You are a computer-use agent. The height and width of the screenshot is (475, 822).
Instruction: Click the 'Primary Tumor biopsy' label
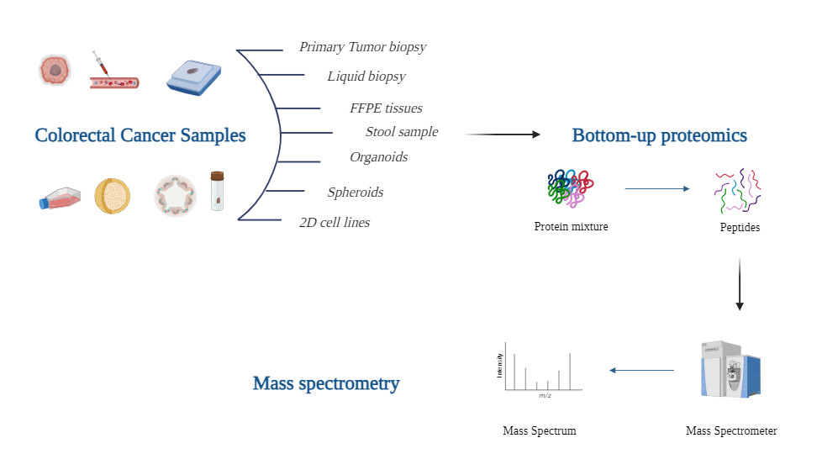pyautogui.click(x=362, y=47)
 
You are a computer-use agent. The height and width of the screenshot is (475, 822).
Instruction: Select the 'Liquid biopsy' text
pyautogui.click(x=366, y=77)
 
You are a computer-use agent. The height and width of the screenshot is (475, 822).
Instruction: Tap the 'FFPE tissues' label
pyautogui.click(x=386, y=108)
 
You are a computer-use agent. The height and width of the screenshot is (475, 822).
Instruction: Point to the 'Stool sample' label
pyautogui.click(x=402, y=132)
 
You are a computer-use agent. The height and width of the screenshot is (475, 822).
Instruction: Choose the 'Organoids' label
pyautogui.click(x=378, y=157)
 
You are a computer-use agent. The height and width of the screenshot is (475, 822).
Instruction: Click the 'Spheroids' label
pyautogui.click(x=355, y=193)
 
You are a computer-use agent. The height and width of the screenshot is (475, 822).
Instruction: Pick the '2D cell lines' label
pyautogui.click(x=334, y=223)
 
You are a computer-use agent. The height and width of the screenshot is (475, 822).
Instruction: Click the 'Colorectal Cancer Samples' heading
pyautogui.click(x=140, y=135)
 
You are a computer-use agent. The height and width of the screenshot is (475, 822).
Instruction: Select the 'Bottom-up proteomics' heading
pyautogui.click(x=659, y=135)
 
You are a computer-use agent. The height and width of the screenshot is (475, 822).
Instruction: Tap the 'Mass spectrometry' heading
pyautogui.click(x=326, y=384)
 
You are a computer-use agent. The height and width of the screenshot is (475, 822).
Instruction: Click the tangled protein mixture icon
pyautogui.click(x=571, y=188)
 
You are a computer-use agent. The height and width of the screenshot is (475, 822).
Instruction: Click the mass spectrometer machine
pyautogui.click(x=730, y=369)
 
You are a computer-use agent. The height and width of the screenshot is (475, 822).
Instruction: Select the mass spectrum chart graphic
pyautogui.click(x=539, y=369)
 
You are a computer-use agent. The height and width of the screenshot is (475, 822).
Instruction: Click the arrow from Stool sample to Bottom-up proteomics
pyautogui.click(x=502, y=135)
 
